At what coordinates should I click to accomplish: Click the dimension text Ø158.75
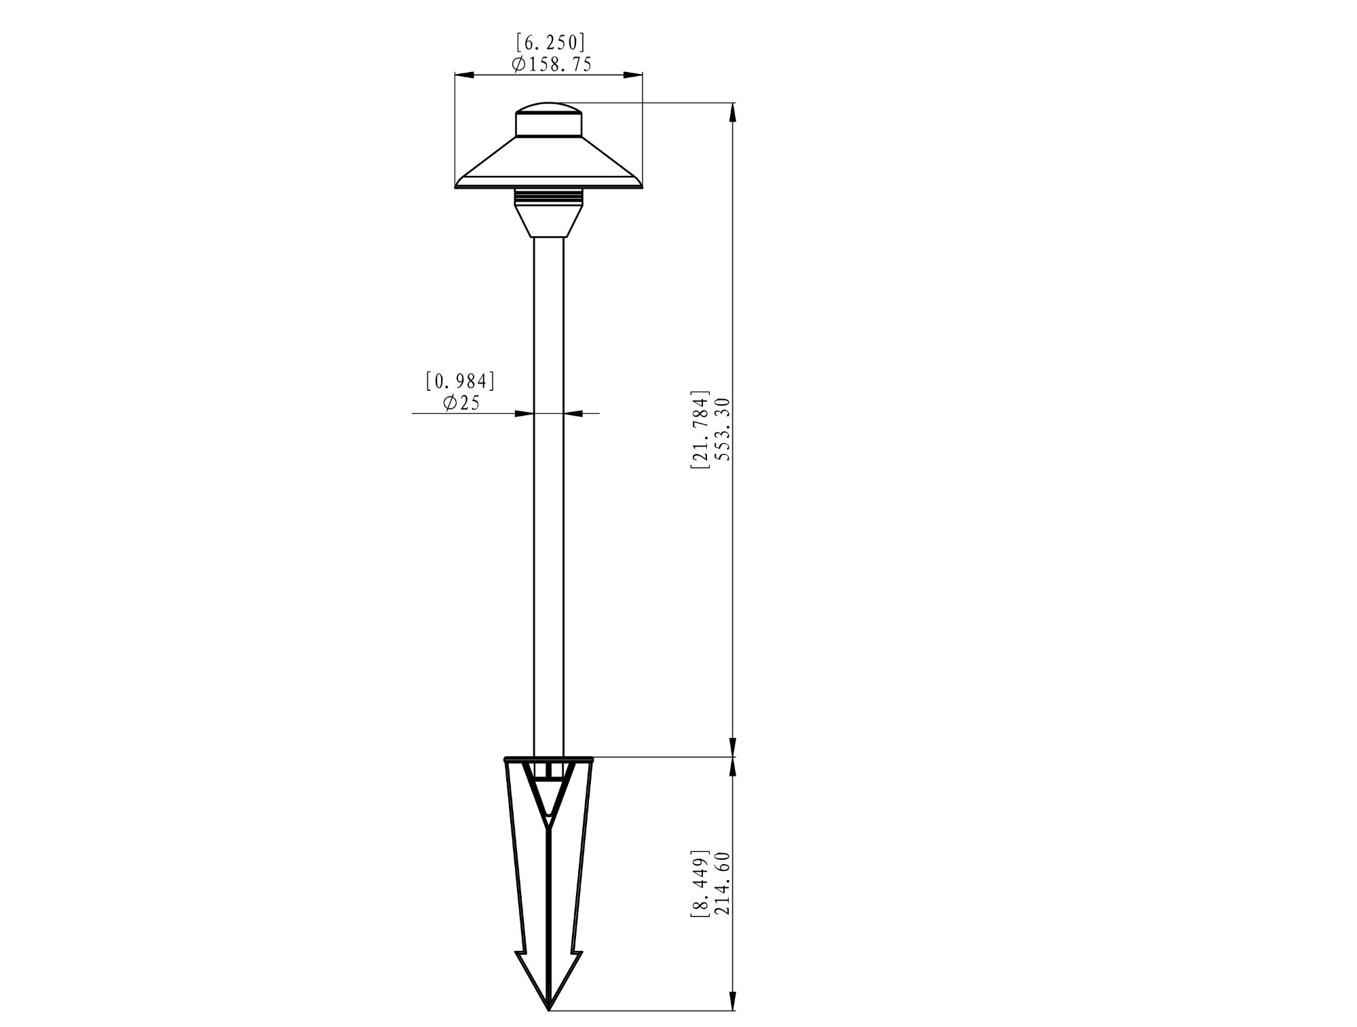552,64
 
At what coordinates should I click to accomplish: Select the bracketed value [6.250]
550,43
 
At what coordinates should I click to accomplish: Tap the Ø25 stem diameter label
461,403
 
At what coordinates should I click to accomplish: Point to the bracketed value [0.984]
461,381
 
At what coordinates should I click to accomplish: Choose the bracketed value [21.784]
700,430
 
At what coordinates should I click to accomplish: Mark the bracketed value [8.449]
700,883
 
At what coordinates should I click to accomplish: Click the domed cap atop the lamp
548,119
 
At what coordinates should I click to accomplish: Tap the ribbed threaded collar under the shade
548,196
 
